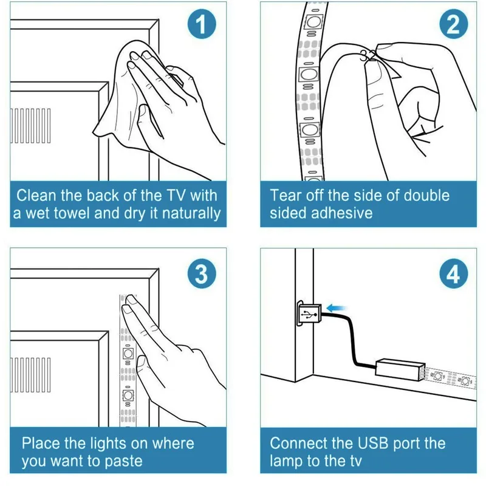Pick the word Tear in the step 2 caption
click(286, 196)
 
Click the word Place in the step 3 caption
click(41, 443)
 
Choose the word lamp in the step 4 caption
click(289, 461)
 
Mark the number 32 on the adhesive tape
click(367, 56)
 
